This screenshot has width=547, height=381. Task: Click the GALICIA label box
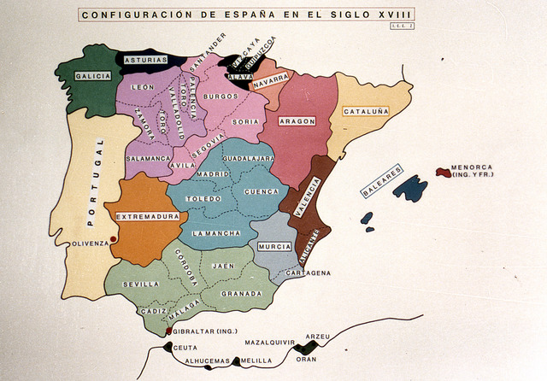[x=92, y=76]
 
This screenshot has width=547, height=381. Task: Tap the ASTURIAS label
[x=145, y=61]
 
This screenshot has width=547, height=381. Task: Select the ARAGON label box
[x=297, y=121]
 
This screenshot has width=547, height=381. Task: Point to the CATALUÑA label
[x=366, y=111]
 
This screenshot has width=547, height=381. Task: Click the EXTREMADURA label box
[x=148, y=217]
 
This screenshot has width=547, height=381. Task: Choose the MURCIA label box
[x=274, y=247]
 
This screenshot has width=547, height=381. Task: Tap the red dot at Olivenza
[x=114, y=239]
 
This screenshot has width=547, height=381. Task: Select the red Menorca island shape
[x=443, y=172]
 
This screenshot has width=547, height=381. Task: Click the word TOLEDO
[x=203, y=199]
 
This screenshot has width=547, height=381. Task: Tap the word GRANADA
[x=241, y=294]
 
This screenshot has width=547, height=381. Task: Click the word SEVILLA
[x=141, y=284]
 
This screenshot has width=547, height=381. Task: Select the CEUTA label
[x=185, y=348]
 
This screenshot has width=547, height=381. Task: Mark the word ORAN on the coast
[x=306, y=360]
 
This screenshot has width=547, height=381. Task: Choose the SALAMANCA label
[x=148, y=159]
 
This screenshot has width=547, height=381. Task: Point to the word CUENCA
[x=262, y=192]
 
